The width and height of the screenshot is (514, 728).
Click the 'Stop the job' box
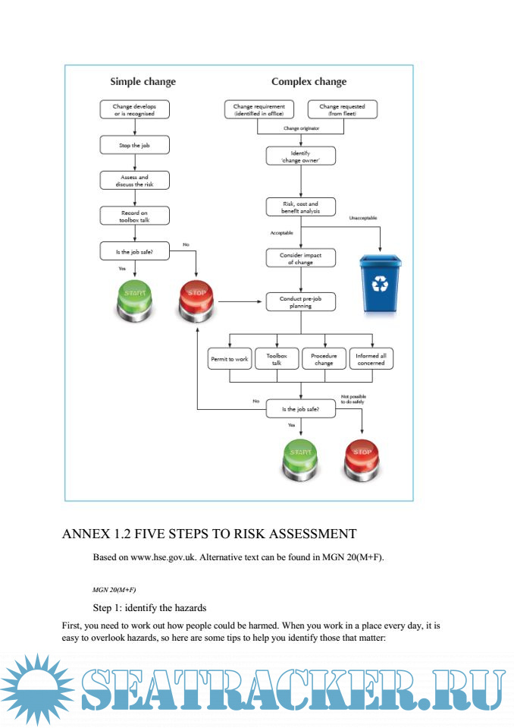pyautogui.click(x=134, y=144)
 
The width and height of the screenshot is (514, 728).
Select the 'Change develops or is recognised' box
pyautogui.click(x=134, y=110)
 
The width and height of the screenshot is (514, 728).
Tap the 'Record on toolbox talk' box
pyautogui.click(x=134, y=216)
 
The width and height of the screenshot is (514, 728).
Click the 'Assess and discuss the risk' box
pyautogui.click(x=134, y=180)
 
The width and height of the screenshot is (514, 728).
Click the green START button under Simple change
pyautogui.click(x=134, y=301)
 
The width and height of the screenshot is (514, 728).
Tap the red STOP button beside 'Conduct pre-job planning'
pyautogui.click(x=196, y=302)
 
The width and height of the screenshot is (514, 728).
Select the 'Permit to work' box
pyautogui.click(x=229, y=358)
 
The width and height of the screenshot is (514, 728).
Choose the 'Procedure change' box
pyautogui.click(x=324, y=358)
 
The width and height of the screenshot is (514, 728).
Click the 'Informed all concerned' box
pyautogui.click(x=371, y=358)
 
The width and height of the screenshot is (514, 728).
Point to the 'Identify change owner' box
pyautogui.click(x=300, y=156)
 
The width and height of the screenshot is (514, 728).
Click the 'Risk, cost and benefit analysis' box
pyautogui.click(x=300, y=207)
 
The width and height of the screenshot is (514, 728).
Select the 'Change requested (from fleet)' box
pyautogui.click(x=342, y=110)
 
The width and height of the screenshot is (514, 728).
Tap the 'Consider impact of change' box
pyautogui.click(x=300, y=258)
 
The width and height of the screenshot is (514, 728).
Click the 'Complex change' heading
pyautogui.click(x=309, y=82)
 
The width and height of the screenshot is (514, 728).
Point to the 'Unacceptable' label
pyautogui.click(x=362, y=218)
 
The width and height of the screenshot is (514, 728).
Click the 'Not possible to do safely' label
pyautogui.click(x=353, y=398)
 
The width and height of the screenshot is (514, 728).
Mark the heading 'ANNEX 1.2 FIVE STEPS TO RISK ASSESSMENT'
pyautogui.click(x=208, y=534)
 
